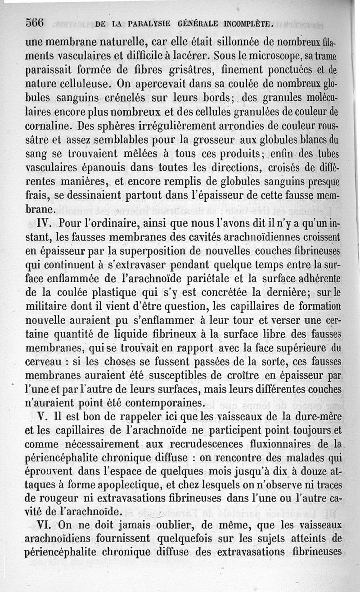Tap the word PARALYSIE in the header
(x=150, y=23)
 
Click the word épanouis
(x=117, y=168)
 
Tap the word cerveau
(x=46, y=362)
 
